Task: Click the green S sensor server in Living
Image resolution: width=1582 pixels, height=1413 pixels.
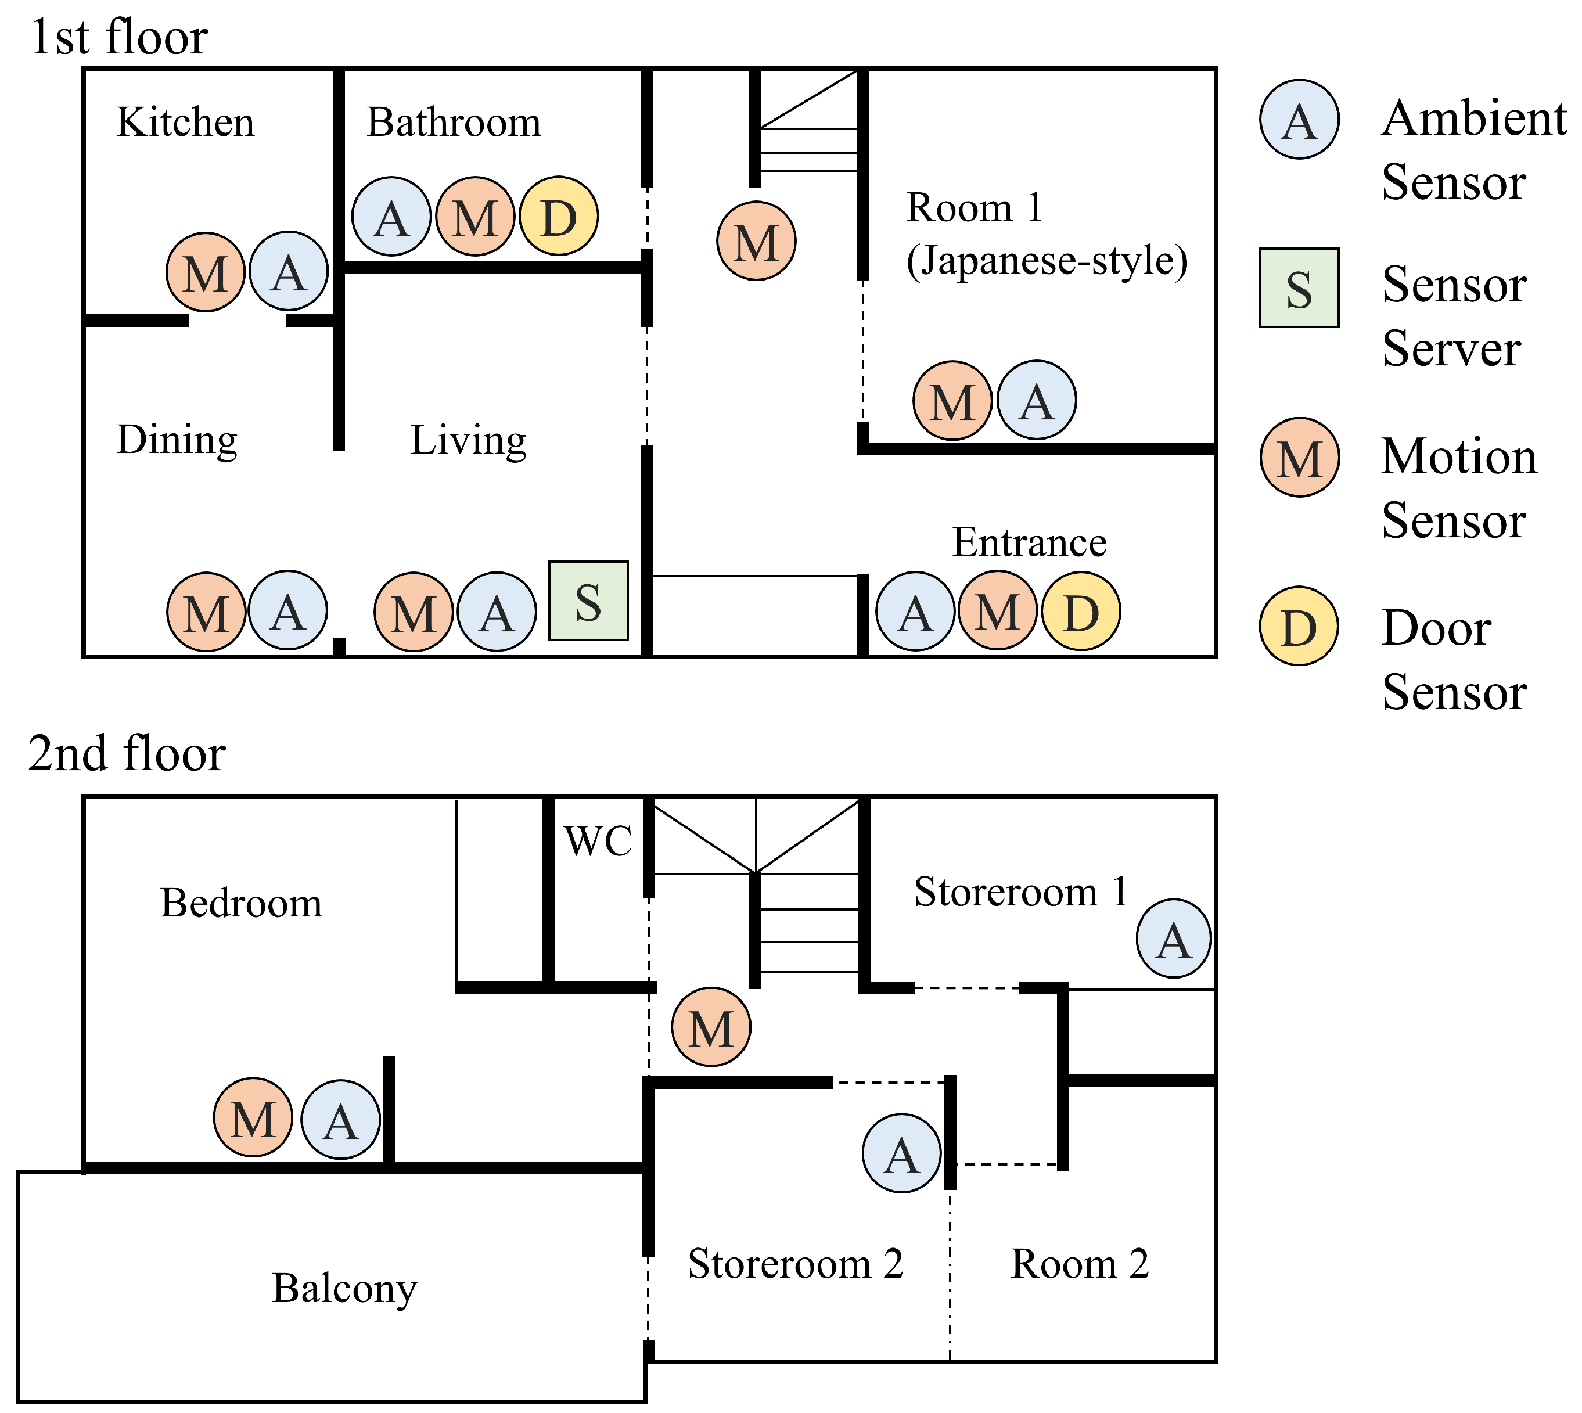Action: click(588, 600)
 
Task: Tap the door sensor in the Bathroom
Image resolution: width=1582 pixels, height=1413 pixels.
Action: click(558, 216)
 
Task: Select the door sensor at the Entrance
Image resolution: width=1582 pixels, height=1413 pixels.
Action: click(1081, 611)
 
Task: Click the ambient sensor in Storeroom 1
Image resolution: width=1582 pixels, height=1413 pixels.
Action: click(1173, 938)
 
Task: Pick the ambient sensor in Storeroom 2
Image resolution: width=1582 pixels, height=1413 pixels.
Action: click(901, 1153)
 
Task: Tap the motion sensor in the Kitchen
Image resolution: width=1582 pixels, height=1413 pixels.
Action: click(206, 272)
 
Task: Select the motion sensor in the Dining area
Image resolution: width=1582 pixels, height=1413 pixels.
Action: click(207, 611)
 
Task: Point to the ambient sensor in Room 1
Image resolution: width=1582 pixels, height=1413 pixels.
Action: click(1036, 400)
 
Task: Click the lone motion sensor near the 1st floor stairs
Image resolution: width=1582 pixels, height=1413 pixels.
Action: click(756, 240)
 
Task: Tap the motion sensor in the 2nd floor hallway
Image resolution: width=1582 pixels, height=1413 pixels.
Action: click(711, 1026)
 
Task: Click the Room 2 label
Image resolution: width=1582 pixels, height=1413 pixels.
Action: click(1079, 1263)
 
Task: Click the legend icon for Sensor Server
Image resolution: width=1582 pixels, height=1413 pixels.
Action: click(1299, 287)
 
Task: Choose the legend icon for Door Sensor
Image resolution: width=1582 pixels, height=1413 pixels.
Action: click(1299, 625)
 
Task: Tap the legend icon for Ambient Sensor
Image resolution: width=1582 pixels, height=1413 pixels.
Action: click(1299, 120)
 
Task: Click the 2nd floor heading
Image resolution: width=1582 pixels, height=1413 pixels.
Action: click(127, 753)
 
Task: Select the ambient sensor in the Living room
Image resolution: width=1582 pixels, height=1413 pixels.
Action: click(497, 611)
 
